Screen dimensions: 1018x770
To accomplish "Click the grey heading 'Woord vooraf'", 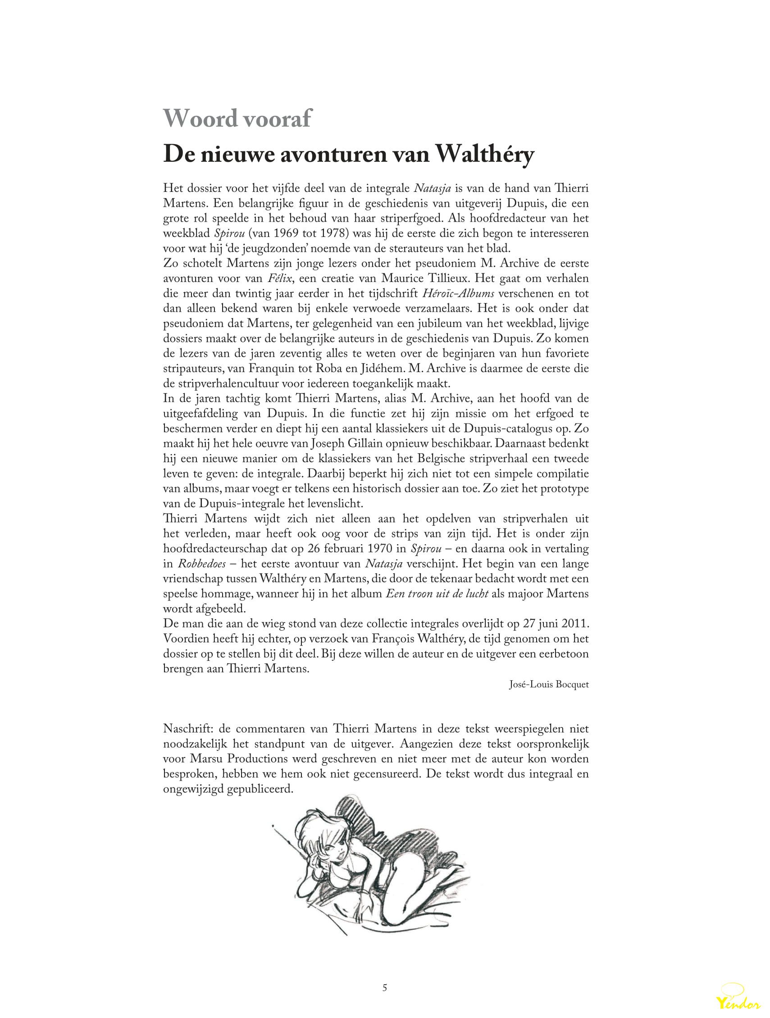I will (x=237, y=119).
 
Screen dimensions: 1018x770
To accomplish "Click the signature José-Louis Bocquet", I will (x=549, y=684).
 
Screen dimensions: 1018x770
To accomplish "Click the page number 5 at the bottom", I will (x=385, y=988).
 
